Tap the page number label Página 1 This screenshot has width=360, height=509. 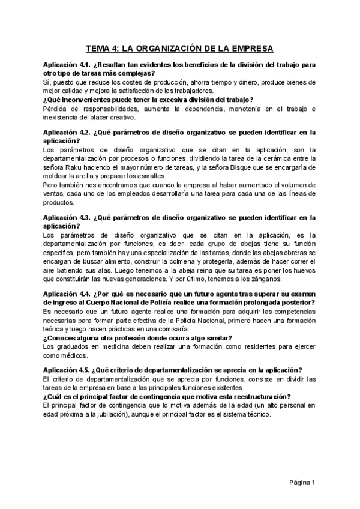(302, 483)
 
